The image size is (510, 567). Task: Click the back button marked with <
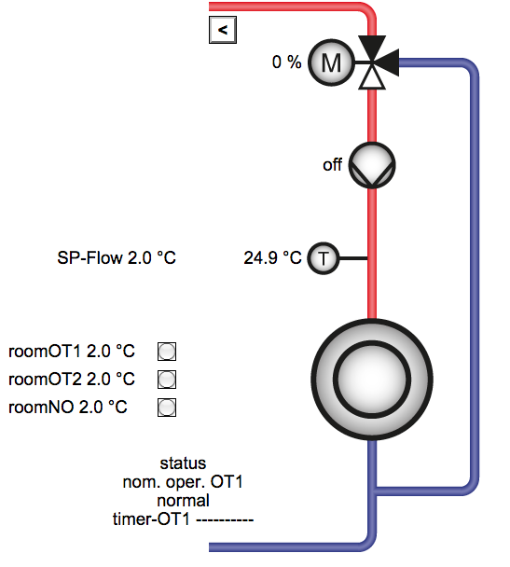(223, 30)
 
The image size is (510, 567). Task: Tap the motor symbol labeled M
(331, 62)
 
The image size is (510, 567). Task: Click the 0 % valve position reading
(286, 62)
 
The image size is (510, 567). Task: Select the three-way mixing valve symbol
(376, 62)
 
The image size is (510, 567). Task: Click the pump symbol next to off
(372, 165)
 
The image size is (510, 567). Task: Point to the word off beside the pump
(332, 165)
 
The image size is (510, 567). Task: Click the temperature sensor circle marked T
(324, 258)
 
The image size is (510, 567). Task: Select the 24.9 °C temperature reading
(272, 257)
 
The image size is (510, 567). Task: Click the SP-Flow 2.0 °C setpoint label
(117, 257)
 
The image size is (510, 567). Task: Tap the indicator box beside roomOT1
(167, 352)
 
